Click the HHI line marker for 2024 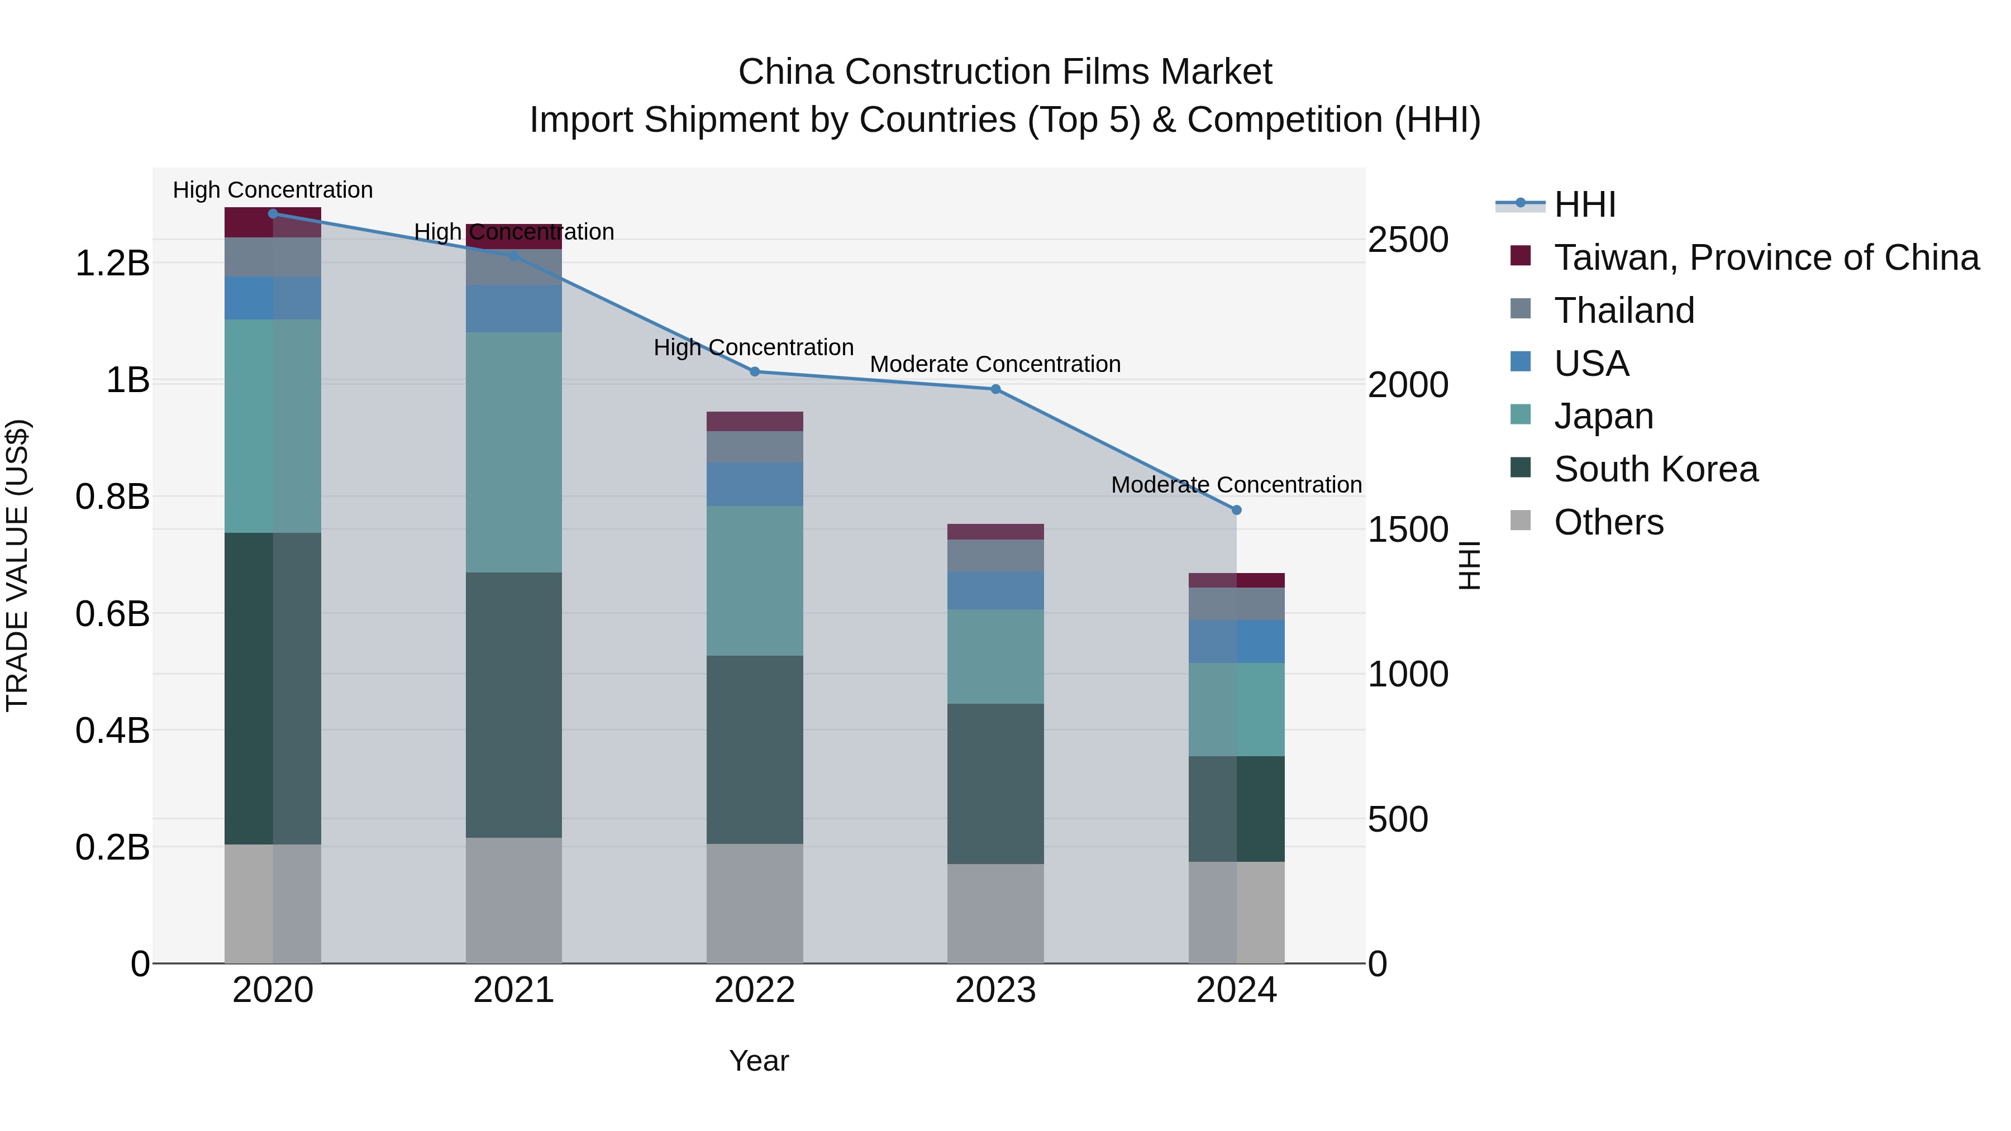1237,510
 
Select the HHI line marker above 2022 755,371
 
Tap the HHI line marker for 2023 995,389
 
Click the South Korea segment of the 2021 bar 514,705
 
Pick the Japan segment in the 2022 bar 755,581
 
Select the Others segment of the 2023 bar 995,913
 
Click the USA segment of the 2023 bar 995,590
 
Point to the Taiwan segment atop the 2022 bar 755,422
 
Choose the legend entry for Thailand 1624,311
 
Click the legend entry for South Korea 1655,469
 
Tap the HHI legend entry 1585,204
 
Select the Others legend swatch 1521,521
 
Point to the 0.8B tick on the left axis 112,497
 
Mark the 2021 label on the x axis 514,990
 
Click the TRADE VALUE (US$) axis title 17,565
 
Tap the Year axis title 759,1061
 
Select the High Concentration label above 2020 273,190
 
